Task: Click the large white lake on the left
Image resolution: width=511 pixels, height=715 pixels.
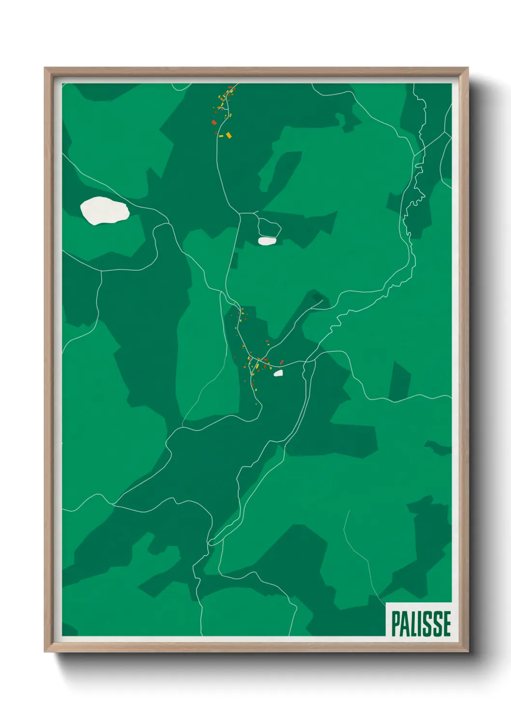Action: [104, 211]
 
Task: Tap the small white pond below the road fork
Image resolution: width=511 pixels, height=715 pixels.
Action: [267, 241]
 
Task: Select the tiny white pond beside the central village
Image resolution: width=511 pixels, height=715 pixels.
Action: [278, 373]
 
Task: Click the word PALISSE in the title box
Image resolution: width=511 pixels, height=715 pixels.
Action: [421, 624]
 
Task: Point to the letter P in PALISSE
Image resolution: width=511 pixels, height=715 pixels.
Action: [395, 624]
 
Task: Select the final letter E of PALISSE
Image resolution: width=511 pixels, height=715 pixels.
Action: [446, 624]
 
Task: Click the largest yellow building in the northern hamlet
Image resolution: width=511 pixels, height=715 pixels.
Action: [229, 135]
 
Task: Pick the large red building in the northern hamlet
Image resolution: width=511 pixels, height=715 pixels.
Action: [214, 123]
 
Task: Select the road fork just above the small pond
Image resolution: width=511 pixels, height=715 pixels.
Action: [240, 213]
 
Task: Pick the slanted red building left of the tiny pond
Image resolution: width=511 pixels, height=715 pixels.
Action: [282, 362]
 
